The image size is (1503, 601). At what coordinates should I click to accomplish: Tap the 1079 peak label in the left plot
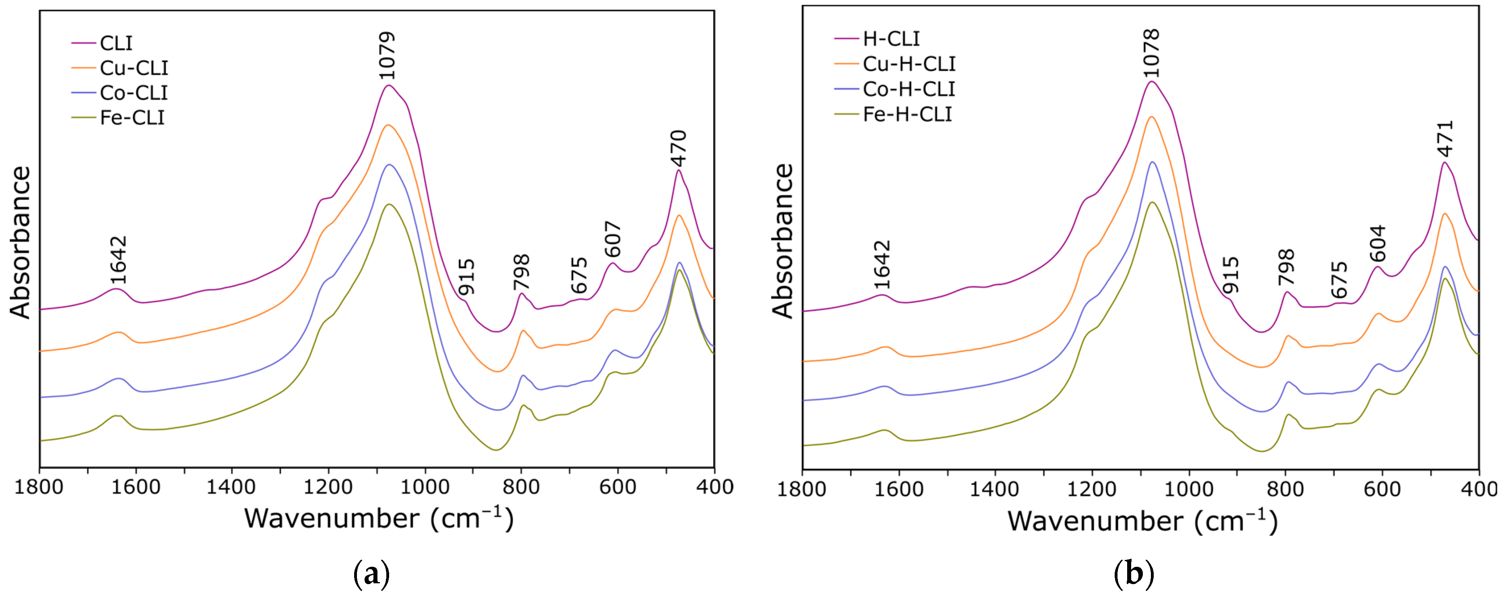click(387, 56)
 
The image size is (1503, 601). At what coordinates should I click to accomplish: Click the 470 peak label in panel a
click(678, 149)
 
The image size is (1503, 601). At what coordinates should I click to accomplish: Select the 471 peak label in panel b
click(1445, 139)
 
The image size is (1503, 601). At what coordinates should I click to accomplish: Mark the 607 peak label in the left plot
click(612, 239)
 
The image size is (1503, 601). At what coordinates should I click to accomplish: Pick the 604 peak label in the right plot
click(1377, 243)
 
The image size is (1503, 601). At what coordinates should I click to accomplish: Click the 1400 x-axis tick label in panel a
click(231, 487)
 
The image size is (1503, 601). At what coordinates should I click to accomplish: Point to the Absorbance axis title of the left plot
click(21, 242)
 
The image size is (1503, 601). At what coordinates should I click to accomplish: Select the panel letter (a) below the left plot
click(372, 575)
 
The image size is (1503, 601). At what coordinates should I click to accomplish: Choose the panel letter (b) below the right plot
click(1134, 575)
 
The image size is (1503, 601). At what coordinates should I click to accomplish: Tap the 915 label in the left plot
click(466, 277)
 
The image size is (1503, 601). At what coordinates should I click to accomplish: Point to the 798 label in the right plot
click(1287, 267)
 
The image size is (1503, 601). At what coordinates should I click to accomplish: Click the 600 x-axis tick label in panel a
click(618, 487)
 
